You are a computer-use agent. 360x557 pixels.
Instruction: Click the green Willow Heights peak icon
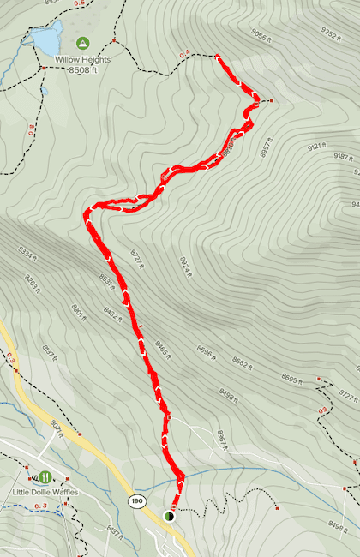[x=82, y=42]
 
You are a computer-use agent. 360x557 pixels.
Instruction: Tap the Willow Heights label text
[x=82, y=60]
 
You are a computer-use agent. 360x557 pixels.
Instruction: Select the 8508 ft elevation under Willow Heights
[x=82, y=72]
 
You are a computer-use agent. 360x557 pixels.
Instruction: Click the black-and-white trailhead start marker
[x=169, y=516]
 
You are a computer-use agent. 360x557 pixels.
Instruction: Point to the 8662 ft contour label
[x=243, y=364]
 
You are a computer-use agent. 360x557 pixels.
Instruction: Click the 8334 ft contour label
[x=28, y=255]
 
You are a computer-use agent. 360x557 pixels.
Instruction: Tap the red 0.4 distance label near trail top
[x=184, y=55]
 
